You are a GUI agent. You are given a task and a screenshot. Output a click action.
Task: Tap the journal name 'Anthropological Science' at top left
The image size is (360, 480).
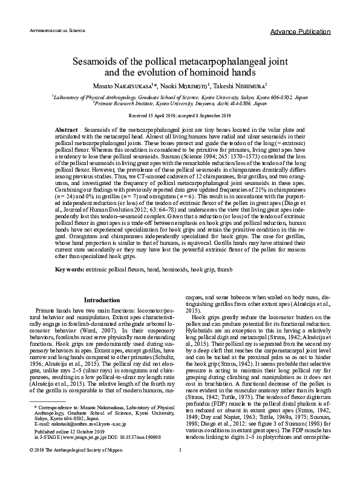[53, 29]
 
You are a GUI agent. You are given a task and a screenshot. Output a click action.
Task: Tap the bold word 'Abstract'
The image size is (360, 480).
[66, 130]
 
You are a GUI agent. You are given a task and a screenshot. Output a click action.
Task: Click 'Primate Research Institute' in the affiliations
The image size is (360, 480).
[124, 103]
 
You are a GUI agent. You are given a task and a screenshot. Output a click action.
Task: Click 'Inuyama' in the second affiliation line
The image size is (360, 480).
[218, 103]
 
